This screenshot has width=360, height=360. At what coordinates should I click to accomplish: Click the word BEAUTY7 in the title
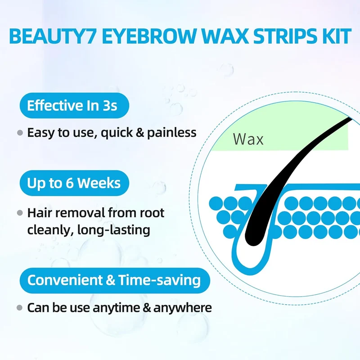(x=53, y=36)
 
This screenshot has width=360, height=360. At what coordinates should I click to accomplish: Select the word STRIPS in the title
(x=283, y=36)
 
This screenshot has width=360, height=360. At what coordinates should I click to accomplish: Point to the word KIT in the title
(x=336, y=36)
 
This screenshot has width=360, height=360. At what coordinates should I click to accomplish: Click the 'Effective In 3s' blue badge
(x=74, y=105)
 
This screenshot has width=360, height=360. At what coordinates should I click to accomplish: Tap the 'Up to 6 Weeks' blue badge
(x=74, y=183)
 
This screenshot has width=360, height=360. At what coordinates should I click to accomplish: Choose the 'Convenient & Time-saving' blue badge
(x=115, y=280)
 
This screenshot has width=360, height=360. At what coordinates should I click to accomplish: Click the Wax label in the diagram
(x=248, y=139)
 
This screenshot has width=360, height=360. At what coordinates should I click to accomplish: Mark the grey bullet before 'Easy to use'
(x=20, y=133)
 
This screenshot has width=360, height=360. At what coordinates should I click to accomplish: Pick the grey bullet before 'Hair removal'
(x=20, y=213)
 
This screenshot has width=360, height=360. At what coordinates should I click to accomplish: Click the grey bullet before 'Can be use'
(x=20, y=308)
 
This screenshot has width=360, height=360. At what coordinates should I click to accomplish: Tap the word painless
(x=172, y=133)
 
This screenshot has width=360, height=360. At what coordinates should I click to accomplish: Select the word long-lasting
(x=114, y=230)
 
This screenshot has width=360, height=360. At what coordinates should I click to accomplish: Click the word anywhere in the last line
(x=183, y=308)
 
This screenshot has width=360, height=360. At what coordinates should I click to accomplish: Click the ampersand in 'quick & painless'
(x=140, y=133)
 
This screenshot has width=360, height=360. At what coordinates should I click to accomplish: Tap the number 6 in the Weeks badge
(x=69, y=183)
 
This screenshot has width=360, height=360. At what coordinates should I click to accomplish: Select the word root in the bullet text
(x=152, y=213)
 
